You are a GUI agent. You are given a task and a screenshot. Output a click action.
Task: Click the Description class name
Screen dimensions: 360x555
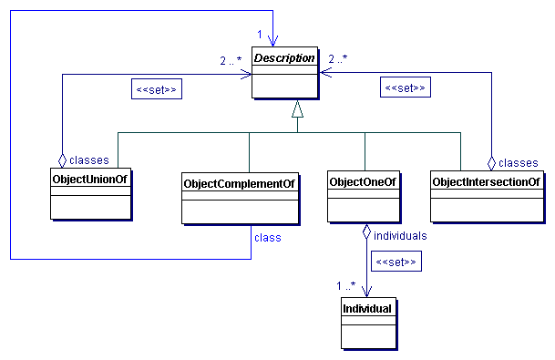tap(284, 58)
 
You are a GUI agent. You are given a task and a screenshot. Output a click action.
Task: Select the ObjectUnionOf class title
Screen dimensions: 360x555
tap(89, 180)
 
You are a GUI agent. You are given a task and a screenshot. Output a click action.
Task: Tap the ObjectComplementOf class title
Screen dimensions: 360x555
tap(241, 183)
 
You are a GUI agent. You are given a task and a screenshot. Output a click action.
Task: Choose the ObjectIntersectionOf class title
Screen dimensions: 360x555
tap(487, 182)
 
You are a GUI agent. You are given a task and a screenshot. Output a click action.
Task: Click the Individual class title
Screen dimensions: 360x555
tap(367, 309)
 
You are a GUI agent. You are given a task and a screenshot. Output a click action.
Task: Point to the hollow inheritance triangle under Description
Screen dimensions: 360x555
tap(296, 110)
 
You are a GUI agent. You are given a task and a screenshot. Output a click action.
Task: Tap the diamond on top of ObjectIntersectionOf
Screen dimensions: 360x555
tap(491, 162)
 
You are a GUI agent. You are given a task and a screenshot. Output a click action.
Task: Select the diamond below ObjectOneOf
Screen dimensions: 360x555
tap(365, 232)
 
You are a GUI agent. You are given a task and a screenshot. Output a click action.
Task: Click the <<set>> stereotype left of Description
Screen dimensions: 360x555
tap(154, 90)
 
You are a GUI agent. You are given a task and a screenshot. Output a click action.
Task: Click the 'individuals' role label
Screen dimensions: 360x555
tap(400, 235)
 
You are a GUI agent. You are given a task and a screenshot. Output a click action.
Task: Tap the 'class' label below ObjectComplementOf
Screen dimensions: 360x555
tap(267, 237)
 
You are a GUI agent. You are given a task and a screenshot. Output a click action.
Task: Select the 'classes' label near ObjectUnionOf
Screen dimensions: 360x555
tap(90, 159)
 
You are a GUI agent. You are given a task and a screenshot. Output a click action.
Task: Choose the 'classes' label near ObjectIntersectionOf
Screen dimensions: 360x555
tap(518, 162)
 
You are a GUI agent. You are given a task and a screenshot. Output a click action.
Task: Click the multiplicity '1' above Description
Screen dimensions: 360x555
tap(260, 34)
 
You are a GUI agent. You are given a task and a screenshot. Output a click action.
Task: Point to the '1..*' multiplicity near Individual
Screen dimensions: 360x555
tap(348, 285)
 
